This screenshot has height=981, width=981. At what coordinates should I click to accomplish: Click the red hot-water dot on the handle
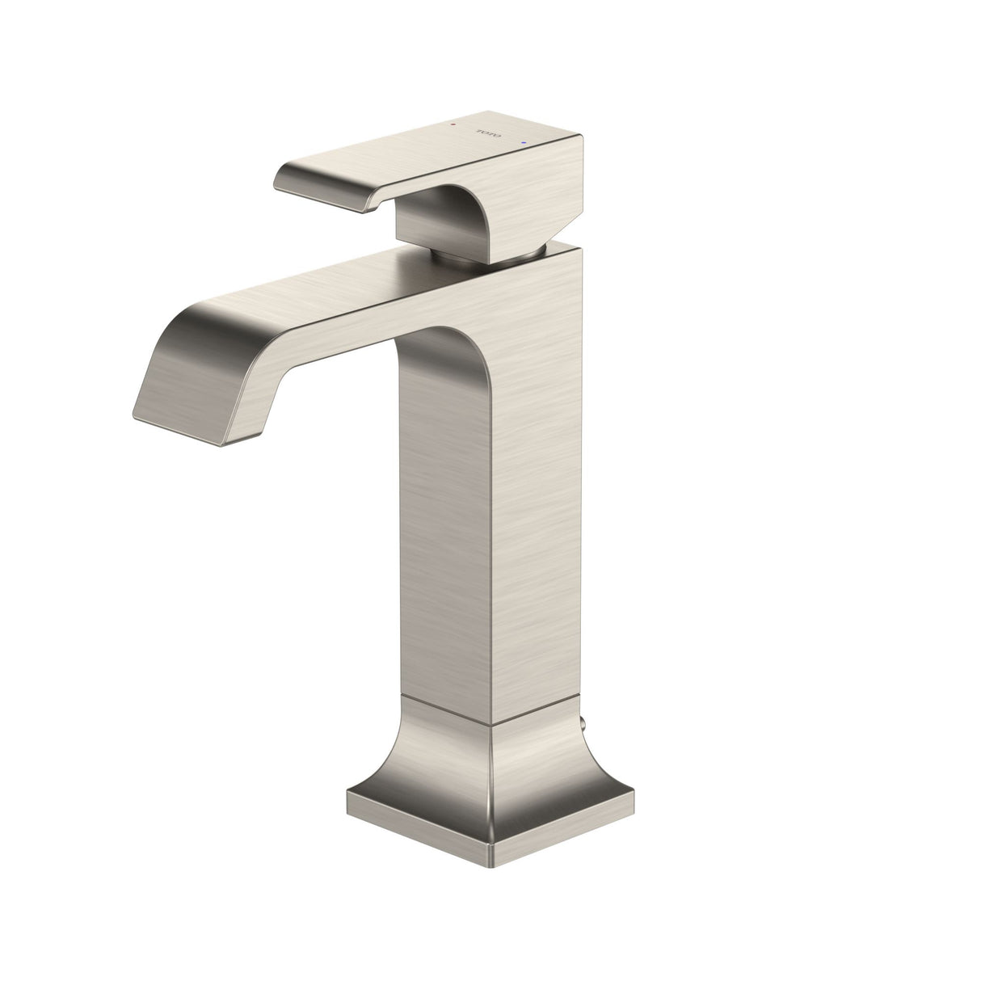click(453, 125)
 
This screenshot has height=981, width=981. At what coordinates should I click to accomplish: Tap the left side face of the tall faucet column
click(444, 525)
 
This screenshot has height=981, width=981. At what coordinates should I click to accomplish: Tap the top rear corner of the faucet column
click(579, 246)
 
